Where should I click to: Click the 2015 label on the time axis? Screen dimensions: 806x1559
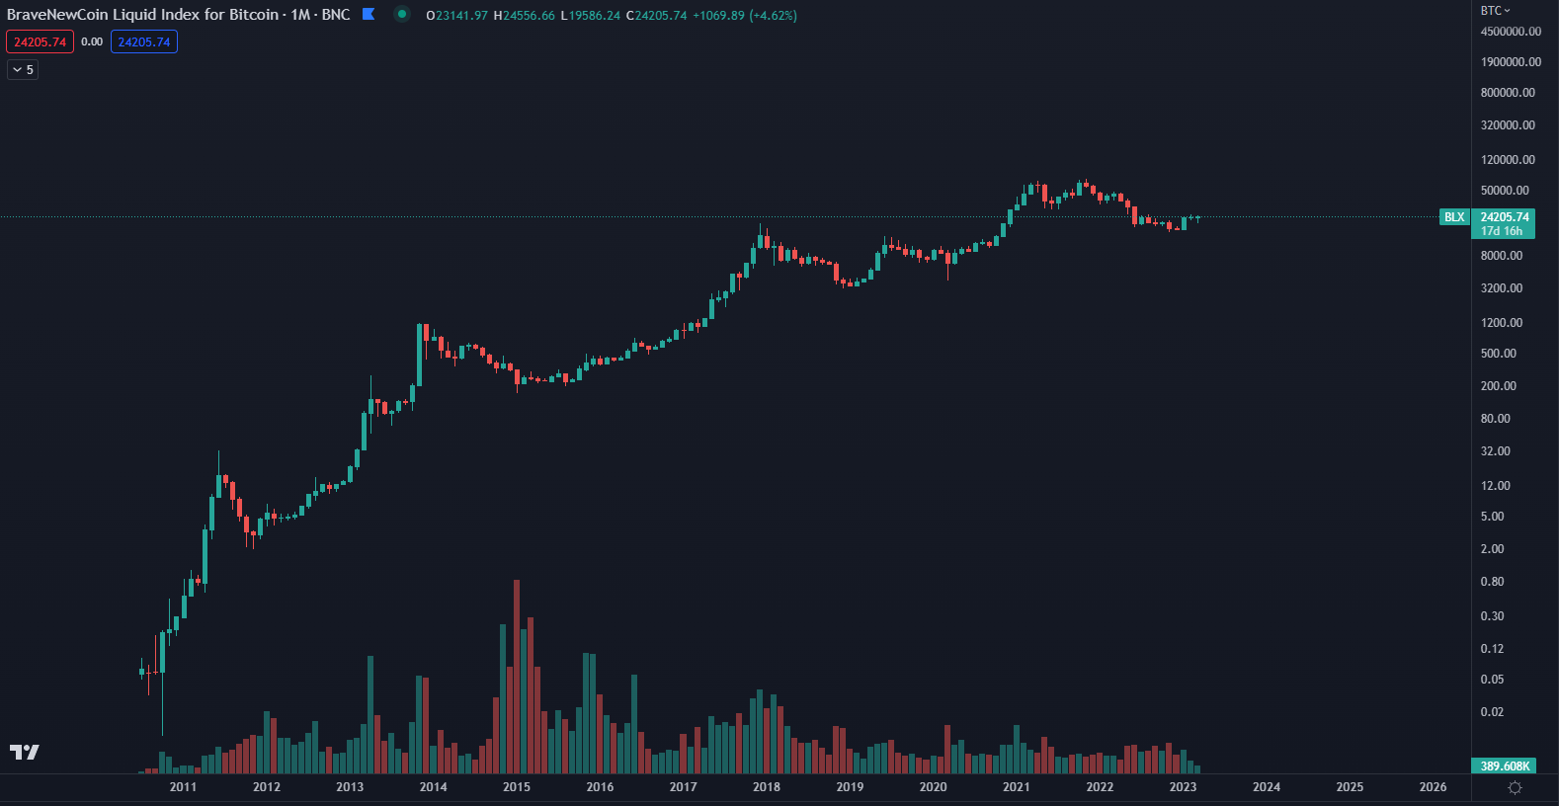point(516,787)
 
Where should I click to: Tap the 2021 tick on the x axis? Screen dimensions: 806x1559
point(1016,787)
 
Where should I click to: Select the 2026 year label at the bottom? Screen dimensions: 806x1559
point(1433,787)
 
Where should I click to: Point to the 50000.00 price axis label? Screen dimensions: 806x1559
point(1504,191)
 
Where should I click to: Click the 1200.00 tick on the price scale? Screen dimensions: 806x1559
point(1501,323)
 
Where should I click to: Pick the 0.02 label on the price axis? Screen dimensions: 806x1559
point(1492,712)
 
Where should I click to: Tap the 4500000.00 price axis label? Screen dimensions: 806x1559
point(1510,32)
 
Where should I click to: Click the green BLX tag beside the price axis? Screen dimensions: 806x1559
point(1454,217)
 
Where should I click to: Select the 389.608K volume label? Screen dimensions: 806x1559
point(1504,766)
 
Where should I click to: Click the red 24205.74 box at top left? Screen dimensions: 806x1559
point(40,42)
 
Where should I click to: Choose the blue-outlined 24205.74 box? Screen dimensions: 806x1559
point(144,42)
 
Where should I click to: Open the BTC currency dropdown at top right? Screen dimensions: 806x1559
point(1495,11)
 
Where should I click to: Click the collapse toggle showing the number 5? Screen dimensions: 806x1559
point(23,70)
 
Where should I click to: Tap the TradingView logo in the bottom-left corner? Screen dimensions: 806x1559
point(25,753)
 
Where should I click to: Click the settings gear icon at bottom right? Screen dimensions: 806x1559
point(1515,787)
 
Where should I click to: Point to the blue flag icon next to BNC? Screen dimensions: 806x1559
point(369,14)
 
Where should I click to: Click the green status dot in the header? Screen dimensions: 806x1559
point(401,14)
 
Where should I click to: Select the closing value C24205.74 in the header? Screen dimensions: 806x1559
point(656,16)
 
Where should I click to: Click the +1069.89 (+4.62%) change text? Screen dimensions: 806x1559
point(745,16)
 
